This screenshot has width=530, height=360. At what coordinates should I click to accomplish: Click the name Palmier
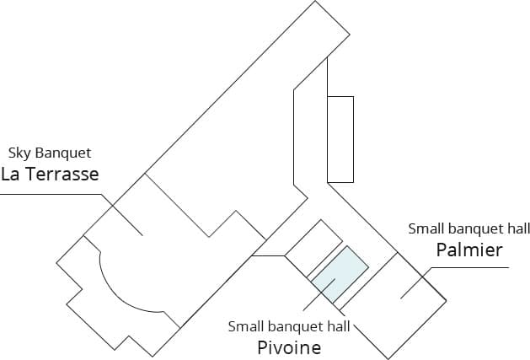[469, 250]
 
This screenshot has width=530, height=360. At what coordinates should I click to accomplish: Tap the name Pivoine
[288, 347]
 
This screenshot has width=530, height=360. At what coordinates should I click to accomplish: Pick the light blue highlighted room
[340, 276]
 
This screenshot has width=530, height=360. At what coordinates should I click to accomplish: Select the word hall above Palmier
[515, 228]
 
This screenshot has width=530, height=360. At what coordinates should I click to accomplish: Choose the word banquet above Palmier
[474, 228]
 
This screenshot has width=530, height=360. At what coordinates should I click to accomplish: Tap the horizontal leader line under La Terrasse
[51, 193]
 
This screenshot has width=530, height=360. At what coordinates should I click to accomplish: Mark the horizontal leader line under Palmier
[472, 268]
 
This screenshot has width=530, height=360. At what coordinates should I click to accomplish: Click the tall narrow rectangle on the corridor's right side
[340, 139]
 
